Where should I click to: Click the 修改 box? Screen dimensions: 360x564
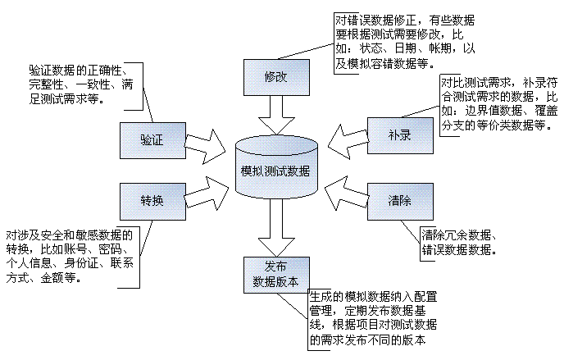point(275,76)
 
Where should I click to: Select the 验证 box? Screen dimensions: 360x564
point(152,140)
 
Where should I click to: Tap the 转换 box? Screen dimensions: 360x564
point(152,201)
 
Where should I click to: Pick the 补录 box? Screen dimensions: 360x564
point(398,135)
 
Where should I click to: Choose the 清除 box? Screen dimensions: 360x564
point(398,201)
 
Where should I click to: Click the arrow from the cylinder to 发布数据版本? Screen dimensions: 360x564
point(275,232)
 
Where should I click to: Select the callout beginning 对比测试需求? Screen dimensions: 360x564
point(498,104)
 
